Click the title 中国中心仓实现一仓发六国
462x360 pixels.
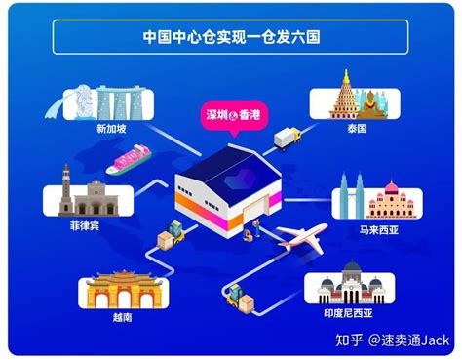click(230, 38)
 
